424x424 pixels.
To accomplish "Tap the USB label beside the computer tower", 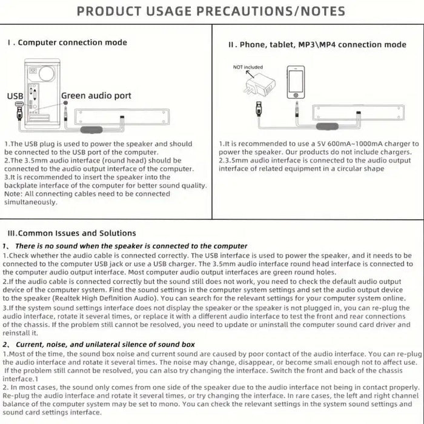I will (x=15, y=96).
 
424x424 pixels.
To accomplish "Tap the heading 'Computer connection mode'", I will (x=72, y=42).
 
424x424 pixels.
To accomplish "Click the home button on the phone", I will (x=296, y=96).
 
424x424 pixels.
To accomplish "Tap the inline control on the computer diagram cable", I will (x=91, y=128).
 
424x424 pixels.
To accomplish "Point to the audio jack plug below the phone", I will (x=295, y=111).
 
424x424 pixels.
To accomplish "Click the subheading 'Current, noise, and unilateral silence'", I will (x=85, y=344).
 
